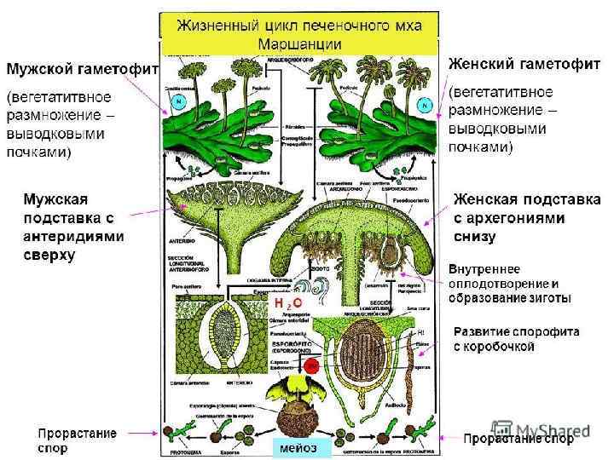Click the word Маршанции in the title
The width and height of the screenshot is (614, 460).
click(x=299, y=43)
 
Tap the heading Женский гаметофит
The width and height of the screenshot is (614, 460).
click(x=524, y=64)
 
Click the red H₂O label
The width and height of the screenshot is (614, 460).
click(x=288, y=303)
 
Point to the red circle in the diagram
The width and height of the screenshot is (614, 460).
click(x=312, y=365)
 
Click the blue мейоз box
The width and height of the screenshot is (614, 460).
click(x=298, y=446)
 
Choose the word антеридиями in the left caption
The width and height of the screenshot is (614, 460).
click(x=73, y=237)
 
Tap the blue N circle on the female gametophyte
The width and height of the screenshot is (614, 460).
click(x=423, y=104)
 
